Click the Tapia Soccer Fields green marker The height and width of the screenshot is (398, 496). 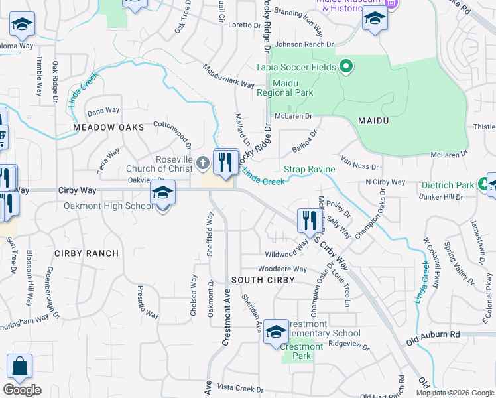(345, 66)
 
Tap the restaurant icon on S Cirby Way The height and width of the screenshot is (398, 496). (309, 221)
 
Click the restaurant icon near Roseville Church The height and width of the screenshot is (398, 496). (225, 161)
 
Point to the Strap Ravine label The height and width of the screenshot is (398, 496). (310, 170)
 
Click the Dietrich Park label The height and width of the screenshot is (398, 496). (452, 185)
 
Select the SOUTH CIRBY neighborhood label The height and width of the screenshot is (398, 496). (258, 281)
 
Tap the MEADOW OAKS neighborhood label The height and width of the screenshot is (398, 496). (109, 127)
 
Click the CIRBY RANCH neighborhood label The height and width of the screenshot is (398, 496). (86, 253)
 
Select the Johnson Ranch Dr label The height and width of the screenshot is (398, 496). (304, 45)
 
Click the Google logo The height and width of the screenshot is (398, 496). (22, 389)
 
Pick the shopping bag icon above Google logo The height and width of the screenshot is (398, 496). (20, 367)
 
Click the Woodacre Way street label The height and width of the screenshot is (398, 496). (282, 269)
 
